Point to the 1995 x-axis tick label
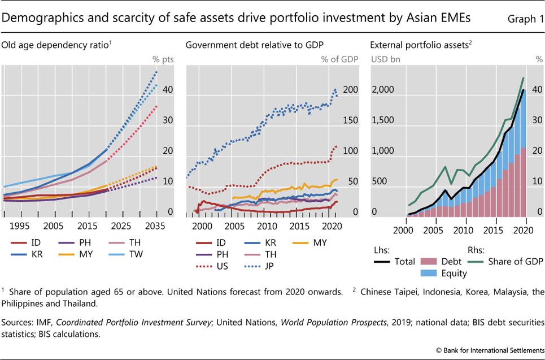20,226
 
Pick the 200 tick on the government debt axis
351,90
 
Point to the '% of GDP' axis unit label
340,58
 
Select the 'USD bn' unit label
385,58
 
